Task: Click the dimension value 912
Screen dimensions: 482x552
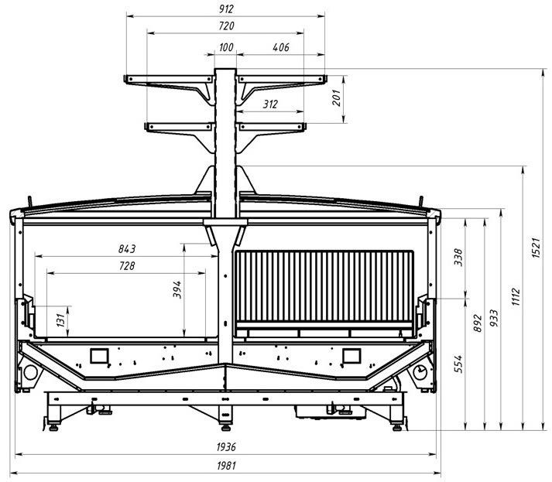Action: point(225,9)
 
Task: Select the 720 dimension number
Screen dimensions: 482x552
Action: point(225,26)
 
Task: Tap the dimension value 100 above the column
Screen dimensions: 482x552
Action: point(225,48)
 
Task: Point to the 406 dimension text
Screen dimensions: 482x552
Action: point(281,48)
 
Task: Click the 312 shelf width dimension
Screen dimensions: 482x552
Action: point(270,104)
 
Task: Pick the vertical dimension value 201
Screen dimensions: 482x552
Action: point(336,96)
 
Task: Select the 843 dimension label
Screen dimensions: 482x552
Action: point(127,249)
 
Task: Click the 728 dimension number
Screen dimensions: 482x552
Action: point(127,266)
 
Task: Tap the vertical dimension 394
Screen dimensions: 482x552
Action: point(177,289)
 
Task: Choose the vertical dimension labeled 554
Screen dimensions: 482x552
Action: point(457,362)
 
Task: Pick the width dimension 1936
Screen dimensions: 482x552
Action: point(225,448)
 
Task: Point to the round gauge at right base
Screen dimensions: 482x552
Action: point(420,373)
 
